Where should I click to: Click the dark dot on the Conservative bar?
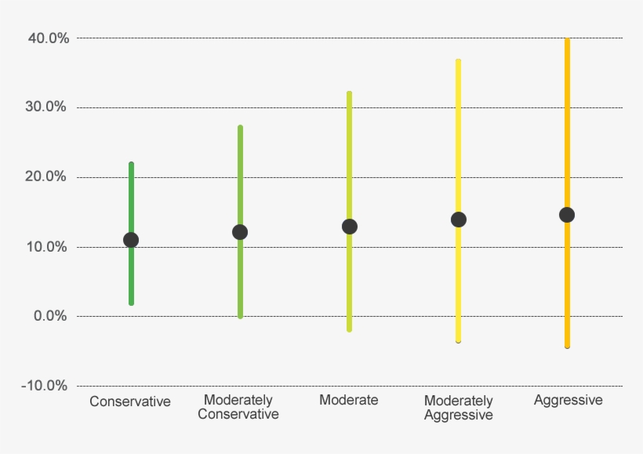pyautogui.click(x=131, y=240)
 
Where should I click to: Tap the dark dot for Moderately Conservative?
pyautogui.click(x=240, y=232)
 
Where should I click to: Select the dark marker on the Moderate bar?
pyautogui.click(x=350, y=227)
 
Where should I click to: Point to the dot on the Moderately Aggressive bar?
pyautogui.click(x=459, y=220)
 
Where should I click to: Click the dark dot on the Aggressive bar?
pyautogui.click(x=567, y=215)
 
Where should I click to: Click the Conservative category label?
pyautogui.click(x=130, y=401)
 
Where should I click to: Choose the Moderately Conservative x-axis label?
pyautogui.click(x=238, y=407)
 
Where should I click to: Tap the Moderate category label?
pyautogui.click(x=349, y=400)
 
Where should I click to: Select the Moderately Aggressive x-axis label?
pyautogui.click(x=459, y=408)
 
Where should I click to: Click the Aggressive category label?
pyautogui.click(x=569, y=400)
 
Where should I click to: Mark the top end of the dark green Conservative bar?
pyautogui.click(x=131, y=164)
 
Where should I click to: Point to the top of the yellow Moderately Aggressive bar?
pyautogui.click(x=459, y=60)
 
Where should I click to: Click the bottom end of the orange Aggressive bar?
pyautogui.click(x=567, y=345)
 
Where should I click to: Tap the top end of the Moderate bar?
pyautogui.click(x=350, y=93)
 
